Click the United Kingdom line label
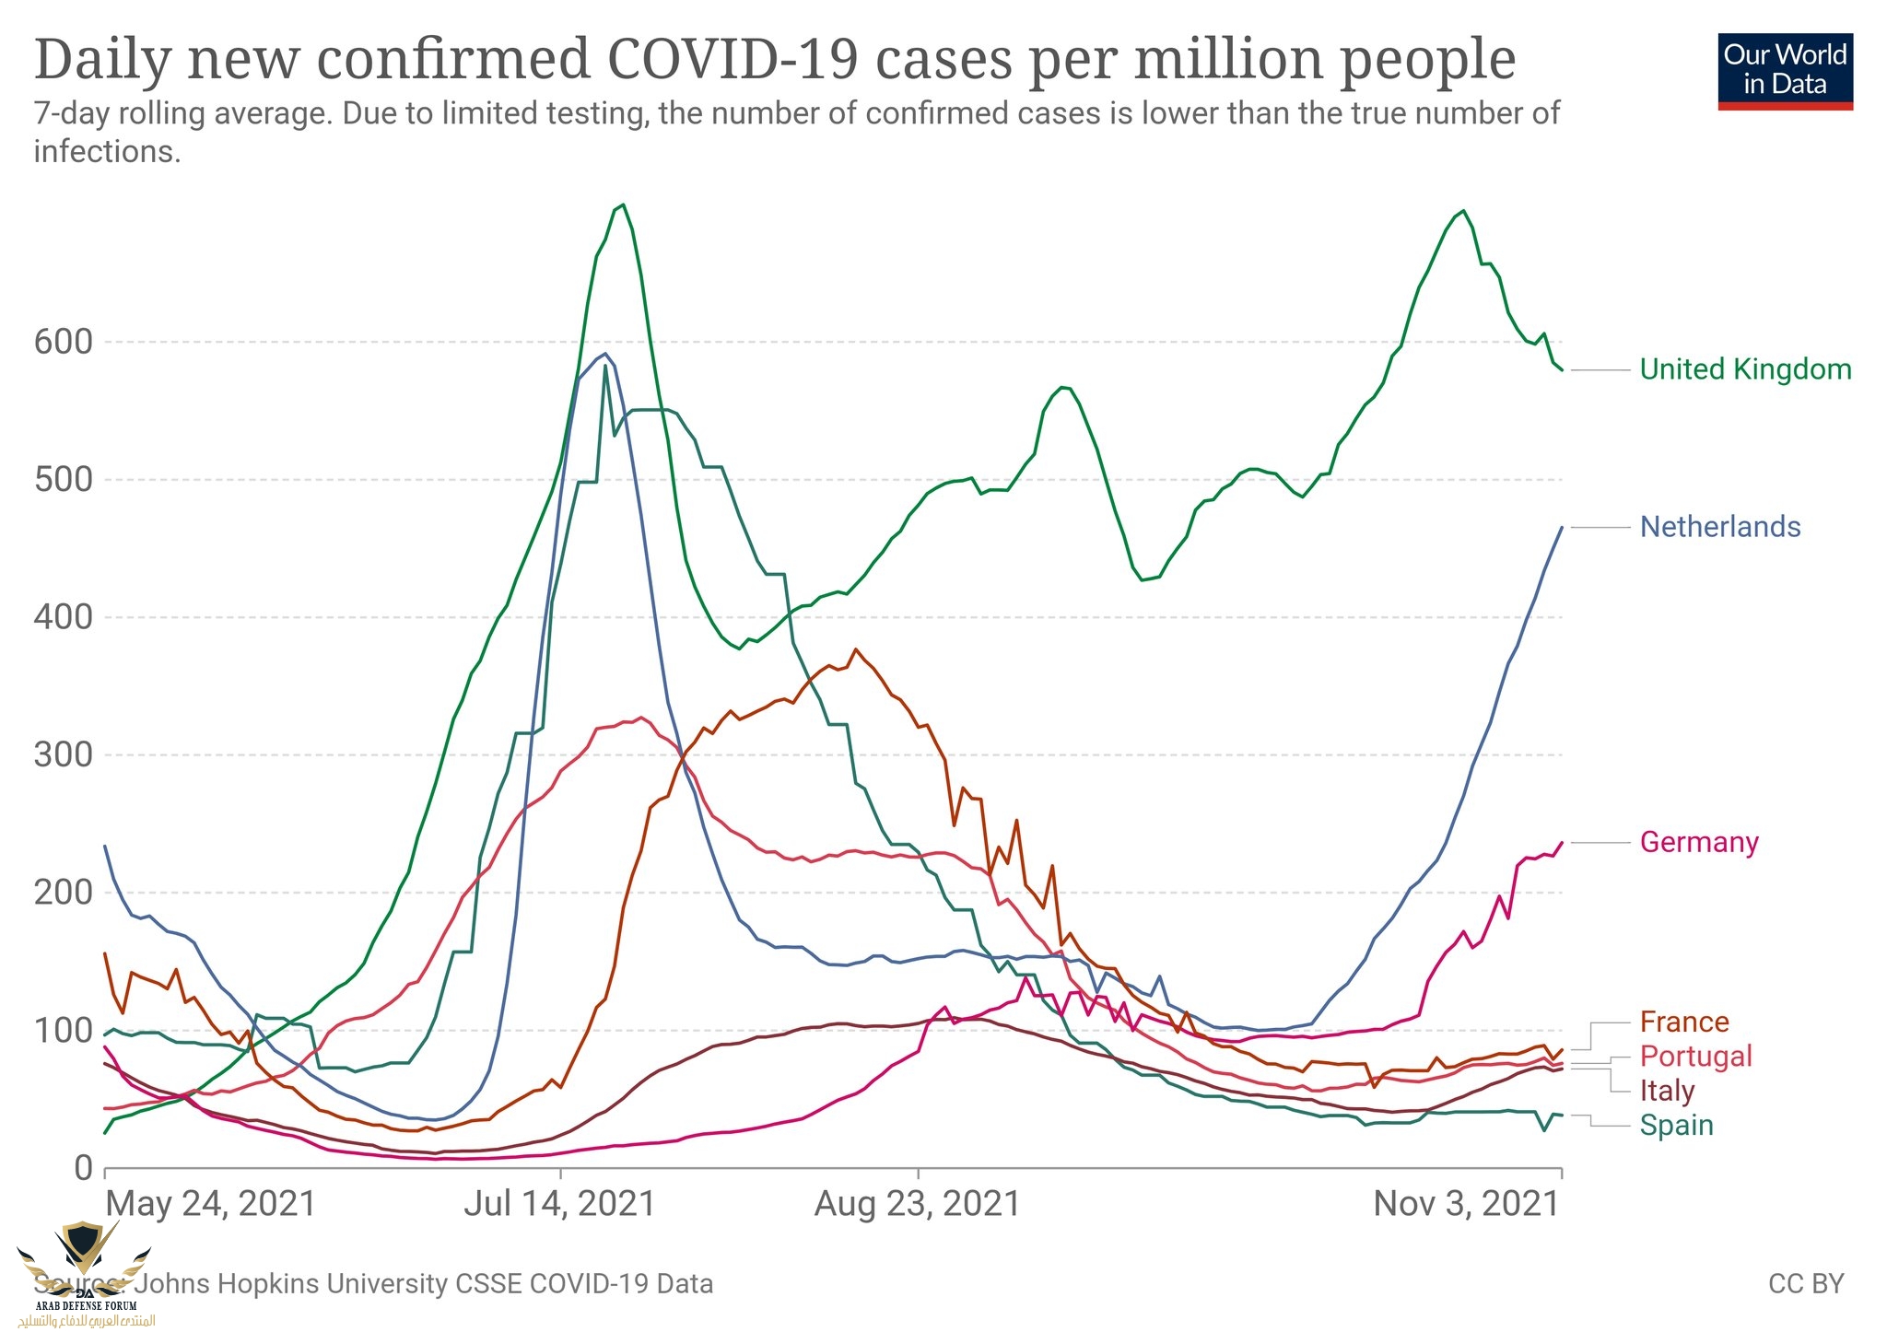pyautogui.click(x=1745, y=369)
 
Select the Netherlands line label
pyautogui.click(x=1720, y=527)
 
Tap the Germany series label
pyautogui.click(x=1699, y=842)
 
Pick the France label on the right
pyautogui.click(x=1684, y=1022)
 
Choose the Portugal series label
pyautogui.click(x=1696, y=1056)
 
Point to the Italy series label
pyautogui.click(x=1667, y=1091)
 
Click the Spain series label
pyautogui.click(x=1676, y=1125)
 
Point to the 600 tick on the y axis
pyautogui.click(x=64, y=342)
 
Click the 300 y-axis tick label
pyautogui.click(x=64, y=755)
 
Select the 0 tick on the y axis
pyautogui.click(x=83, y=1168)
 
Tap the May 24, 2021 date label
pyautogui.click(x=211, y=1204)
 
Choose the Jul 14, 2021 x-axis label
pyautogui.click(x=559, y=1204)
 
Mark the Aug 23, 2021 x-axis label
pyautogui.click(x=918, y=1204)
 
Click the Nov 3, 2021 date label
pyautogui.click(x=1466, y=1204)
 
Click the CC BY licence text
pyautogui.click(x=1806, y=1283)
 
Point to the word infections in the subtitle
pyautogui.click(x=107, y=151)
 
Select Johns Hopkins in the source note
pyautogui.click(x=229, y=1283)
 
